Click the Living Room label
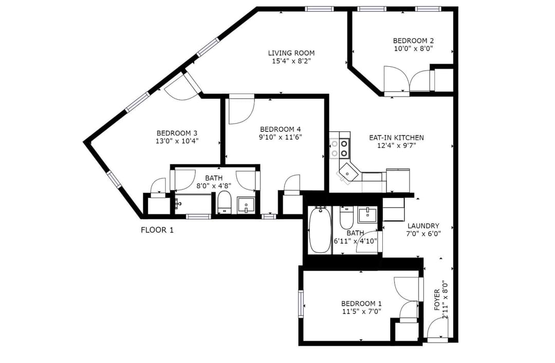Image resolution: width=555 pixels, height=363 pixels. [x=291, y=53]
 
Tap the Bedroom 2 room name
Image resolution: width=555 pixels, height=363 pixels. [x=413, y=41]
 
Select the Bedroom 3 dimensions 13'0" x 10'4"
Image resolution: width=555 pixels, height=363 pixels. [x=177, y=141]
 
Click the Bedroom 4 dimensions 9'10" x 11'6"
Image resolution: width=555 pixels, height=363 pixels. [x=281, y=137]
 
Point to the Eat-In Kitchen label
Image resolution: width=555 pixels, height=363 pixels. [x=396, y=138]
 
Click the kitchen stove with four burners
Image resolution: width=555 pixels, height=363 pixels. [x=340, y=148]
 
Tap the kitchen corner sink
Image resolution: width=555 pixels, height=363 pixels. [x=348, y=173]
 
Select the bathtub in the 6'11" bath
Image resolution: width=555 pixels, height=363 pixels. [x=320, y=230]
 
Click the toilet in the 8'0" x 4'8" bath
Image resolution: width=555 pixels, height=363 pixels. [x=224, y=202]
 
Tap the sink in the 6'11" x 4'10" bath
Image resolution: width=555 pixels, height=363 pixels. [x=367, y=215]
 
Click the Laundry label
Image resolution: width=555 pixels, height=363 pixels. [x=423, y=226]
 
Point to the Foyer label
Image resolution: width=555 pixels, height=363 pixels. [x=437, y=300]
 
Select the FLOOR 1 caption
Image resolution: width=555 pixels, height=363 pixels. [x=157, y=230]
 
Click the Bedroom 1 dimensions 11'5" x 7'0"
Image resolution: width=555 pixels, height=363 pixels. [x=361, y=311]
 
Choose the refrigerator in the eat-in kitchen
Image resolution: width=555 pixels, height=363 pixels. [x=398, y=180]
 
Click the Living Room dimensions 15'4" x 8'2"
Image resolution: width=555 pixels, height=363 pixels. [x=291, y=61]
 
